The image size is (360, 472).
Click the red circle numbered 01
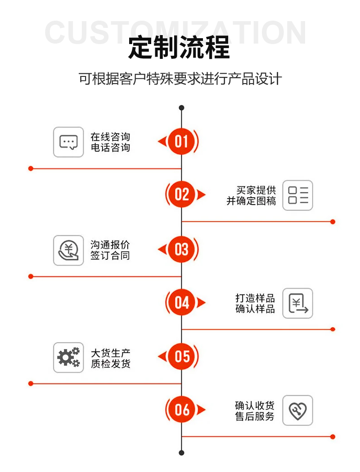(181, 142)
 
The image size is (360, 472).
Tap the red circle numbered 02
(181, 195)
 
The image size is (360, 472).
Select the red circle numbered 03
(181, 249)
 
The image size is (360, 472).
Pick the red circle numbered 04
(181, 303)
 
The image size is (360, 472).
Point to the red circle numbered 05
(181, 356)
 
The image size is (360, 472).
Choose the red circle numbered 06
(181, 410)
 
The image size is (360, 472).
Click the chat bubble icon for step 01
(68, 142)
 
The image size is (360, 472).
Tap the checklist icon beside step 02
(297, 196)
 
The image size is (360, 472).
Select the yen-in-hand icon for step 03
(68, 250)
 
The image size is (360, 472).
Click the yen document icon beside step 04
(297, 303)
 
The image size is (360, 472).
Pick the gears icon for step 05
(68, 357)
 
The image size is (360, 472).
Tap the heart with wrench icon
(297, 410)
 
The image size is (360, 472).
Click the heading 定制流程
(179, 48)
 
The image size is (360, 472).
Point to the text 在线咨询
(110, 137)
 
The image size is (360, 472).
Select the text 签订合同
(110, 256)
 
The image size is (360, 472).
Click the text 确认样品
(255, 309)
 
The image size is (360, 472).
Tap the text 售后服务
(255, 416)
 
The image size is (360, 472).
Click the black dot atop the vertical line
(181, 108)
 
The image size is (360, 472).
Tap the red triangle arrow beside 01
(162, 142)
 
